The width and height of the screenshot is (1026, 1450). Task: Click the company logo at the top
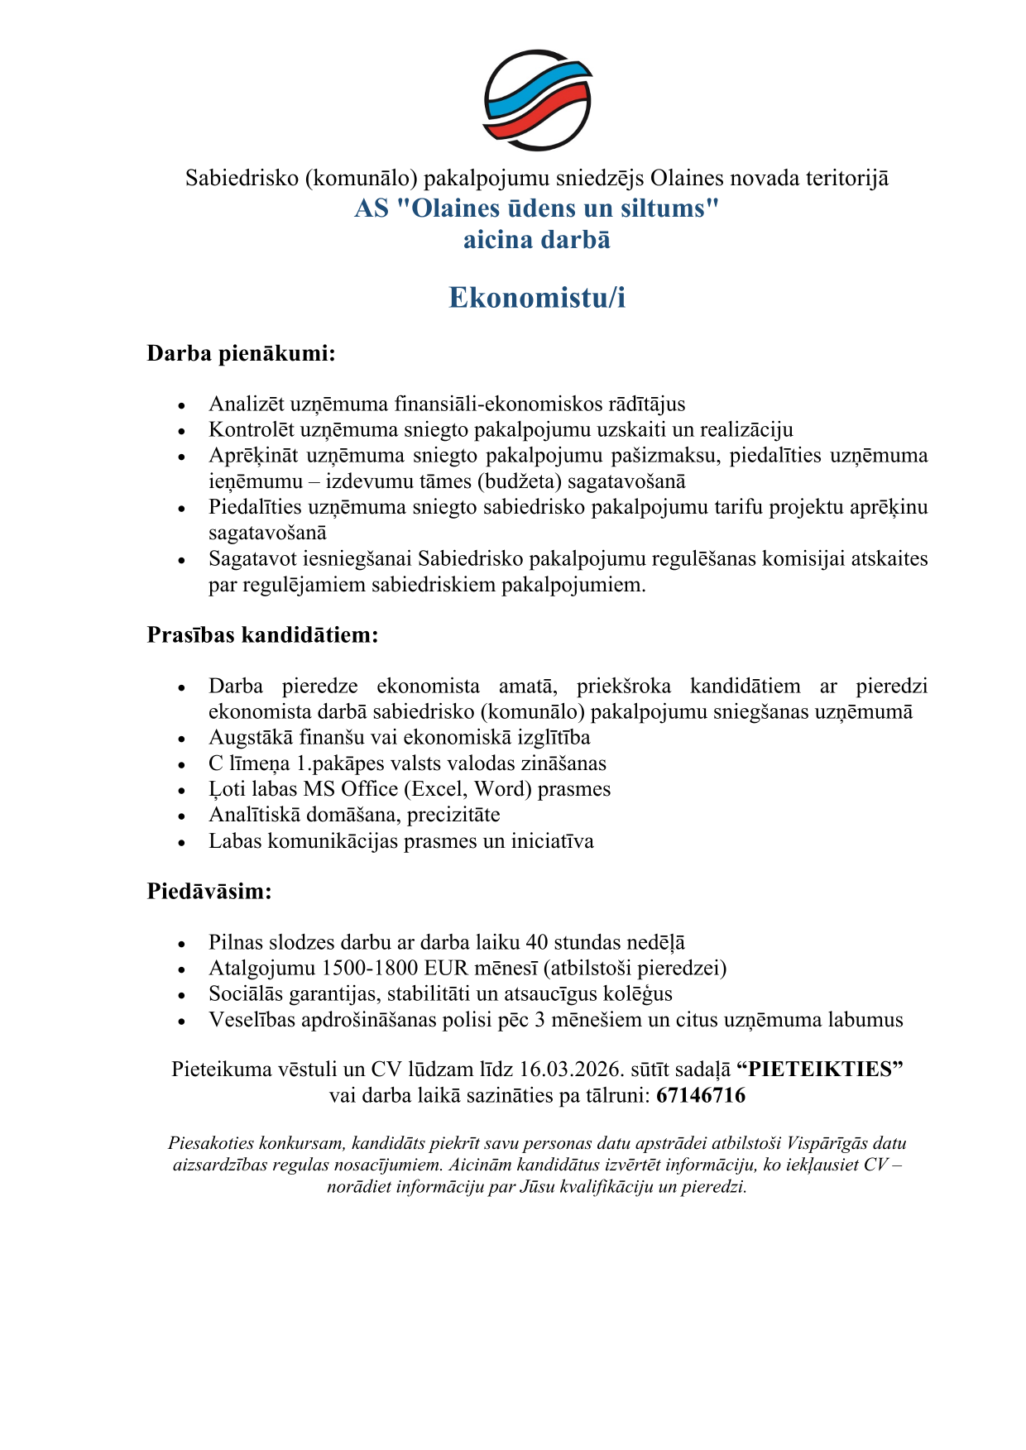coord(537,100)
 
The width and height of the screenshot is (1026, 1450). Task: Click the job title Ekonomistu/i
coord(537,298)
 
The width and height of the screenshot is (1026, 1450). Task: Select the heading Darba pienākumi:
coord(241,353)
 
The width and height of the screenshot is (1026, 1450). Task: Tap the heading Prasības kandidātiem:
coord(262,634)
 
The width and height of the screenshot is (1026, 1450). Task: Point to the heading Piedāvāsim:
coord(209,891)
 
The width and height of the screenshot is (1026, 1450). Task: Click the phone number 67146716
coord(701,1095)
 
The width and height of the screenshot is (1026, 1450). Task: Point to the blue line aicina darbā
coord(537,240)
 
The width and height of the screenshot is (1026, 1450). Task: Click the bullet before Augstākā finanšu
coord(182,739)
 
